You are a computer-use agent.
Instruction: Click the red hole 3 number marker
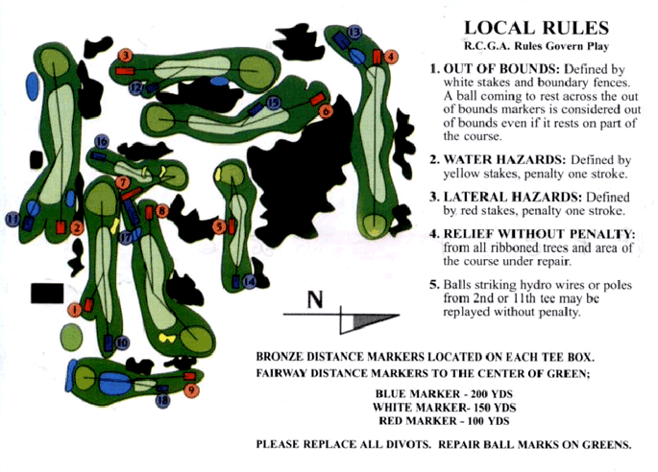126,55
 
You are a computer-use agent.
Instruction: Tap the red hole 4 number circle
391,57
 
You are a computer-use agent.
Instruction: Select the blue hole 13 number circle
354,32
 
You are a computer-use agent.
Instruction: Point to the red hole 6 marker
326,111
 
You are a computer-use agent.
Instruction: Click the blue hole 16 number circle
101,142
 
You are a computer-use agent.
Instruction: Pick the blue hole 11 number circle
12,219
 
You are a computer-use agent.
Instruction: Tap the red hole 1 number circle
75,310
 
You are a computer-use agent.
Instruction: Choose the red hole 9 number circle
191,390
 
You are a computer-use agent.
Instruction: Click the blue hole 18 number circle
163,401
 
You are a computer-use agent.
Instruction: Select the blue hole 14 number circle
249,282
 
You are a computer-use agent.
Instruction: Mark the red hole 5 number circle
219,226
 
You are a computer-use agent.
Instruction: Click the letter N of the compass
315,299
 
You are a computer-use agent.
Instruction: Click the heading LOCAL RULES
536,28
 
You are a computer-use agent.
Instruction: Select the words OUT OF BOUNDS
501,69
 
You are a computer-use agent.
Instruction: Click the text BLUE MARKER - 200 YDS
444,393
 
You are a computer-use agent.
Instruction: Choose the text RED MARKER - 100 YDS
444,420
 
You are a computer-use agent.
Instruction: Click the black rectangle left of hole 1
47,293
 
